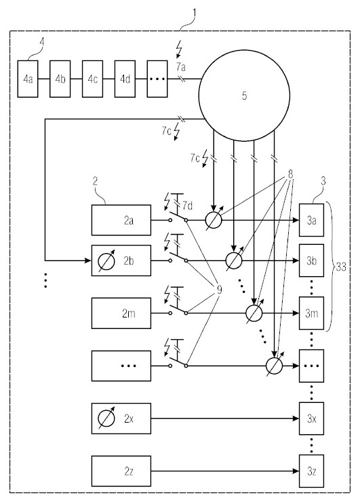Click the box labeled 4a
pos(28,79)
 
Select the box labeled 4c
pos(92,79)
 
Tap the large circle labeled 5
pos(244,96)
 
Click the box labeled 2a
pos(121,220)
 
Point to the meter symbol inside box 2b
pos(106,261)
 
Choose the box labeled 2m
pos(121,313)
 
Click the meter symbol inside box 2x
pos(106,419)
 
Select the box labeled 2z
pos(121,471)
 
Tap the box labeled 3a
pos(311,220)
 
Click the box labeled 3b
pos(311,260)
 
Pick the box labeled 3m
pos(311,313)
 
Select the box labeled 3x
pos(311,419)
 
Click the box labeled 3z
pos(311,471)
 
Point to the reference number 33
pos(341,267)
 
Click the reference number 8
pos(290,174)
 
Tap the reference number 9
pos(219,290)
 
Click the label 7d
pos(188,206)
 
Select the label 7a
pos(181,67)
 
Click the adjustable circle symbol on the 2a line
pos(214,220)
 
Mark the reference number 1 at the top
pos(194,13)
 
